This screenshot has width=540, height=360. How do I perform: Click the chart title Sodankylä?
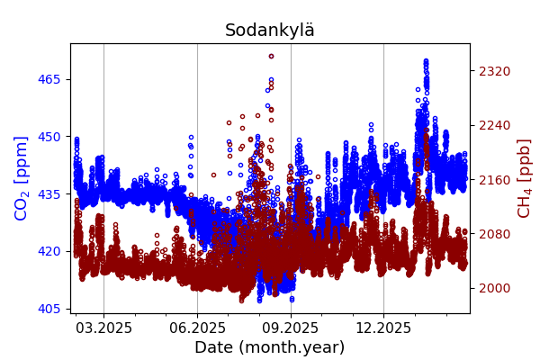(270, 31)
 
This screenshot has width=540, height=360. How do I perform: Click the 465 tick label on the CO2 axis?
(49, 79)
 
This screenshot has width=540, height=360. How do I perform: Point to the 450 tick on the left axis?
(49, 137)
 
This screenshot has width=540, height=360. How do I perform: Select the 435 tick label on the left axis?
(49, 194)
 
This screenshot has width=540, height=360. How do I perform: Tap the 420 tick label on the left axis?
(49, 251)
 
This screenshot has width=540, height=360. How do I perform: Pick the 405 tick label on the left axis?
(49, 309)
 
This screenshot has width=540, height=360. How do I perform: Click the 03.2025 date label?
(103, 328)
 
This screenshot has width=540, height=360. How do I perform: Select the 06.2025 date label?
(198, 328)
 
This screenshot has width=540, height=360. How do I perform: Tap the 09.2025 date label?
(291, 328)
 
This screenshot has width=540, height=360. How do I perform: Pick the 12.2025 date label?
(383, 328)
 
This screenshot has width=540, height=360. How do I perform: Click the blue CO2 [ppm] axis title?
(22, 177)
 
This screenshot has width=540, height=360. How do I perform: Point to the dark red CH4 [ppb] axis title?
(524, 177)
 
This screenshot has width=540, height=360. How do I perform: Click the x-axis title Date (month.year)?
(270, 347)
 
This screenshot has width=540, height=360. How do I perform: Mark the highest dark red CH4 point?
(271, 56)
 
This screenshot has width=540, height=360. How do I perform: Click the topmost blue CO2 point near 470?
(426, 61)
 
